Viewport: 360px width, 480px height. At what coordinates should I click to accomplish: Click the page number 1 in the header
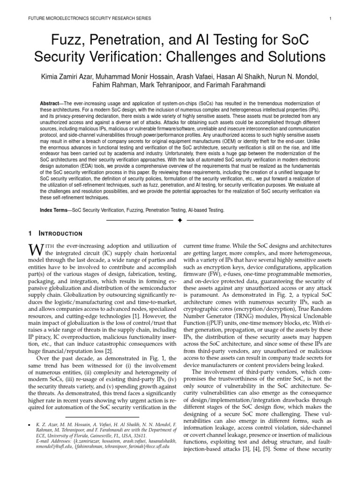click(331, 19)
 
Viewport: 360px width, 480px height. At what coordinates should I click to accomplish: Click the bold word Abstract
click(51, 103)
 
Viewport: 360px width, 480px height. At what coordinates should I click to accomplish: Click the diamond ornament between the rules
click(180, 219)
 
